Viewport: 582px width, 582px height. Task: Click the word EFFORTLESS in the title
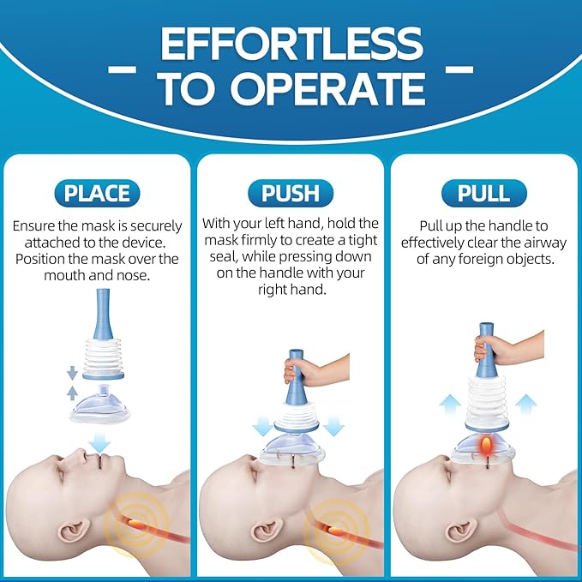pyautogui.click(x=291, y=45)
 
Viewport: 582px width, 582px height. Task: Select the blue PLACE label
pyautogui.click(x=97, y=192)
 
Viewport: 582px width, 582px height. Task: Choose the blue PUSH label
pyautogui.click(x=291, y=192)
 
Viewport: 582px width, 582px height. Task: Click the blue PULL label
pyautogui.click(x=483, y=192)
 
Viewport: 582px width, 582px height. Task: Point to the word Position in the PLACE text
pyautogui.click(x=44, y=258)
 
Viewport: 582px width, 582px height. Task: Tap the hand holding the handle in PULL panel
pyautogui.click(x=497, y=349)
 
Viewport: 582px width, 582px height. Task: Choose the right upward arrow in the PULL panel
pyautogui.click(x=527, y=404)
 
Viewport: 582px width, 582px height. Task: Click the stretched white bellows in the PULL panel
pyautogui.click(x=486, y=399)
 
